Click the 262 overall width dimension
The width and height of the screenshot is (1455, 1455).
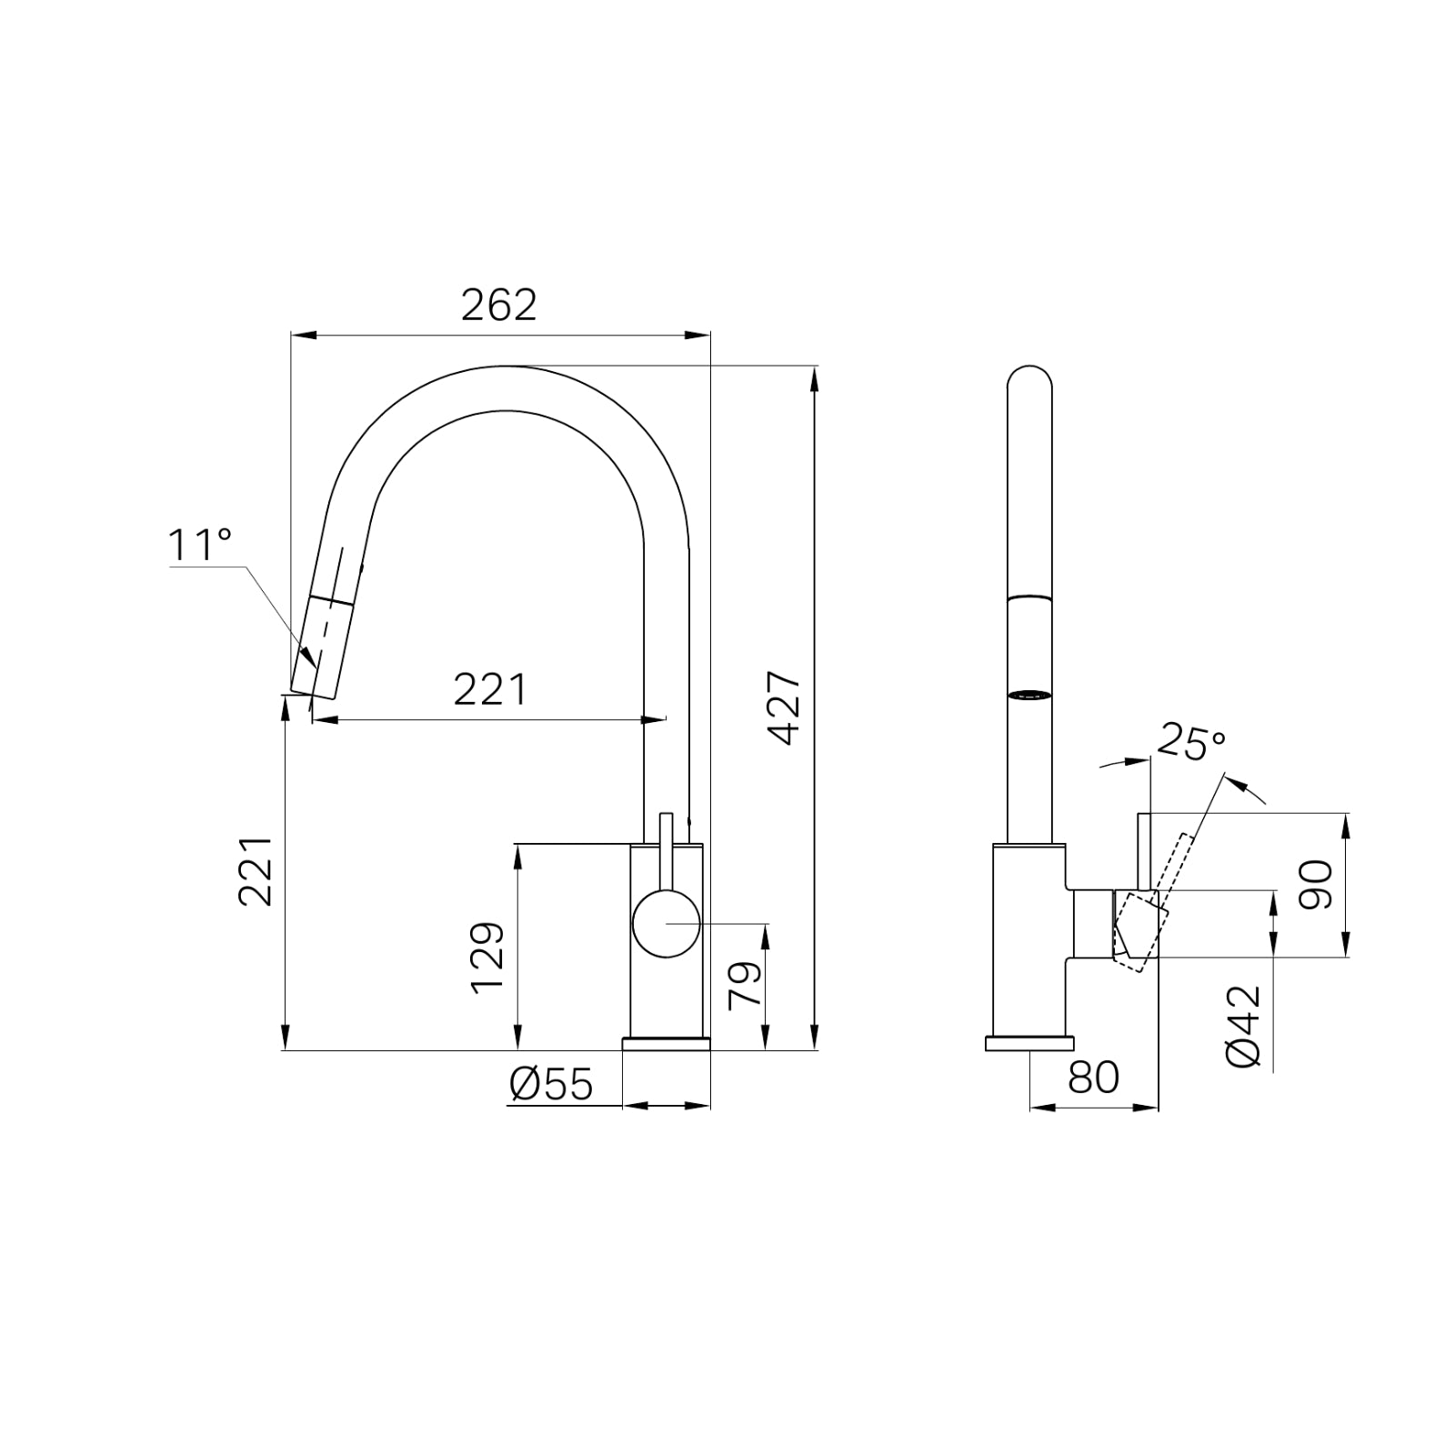click(x=498, y=306)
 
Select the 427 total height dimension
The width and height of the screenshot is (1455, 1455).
click(x=784, y=708)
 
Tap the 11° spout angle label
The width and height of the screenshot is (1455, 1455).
click(x=199, y=545)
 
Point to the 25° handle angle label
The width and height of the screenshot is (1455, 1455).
click(x=1191, y=743)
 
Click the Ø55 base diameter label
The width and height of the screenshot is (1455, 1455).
click(x=551, y=1084)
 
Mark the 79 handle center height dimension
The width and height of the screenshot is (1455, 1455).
click(x=745, y=984)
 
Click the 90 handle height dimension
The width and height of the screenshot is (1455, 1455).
click(x=1316, y=885)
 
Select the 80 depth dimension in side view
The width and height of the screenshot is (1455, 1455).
click(x=1093, y=1078)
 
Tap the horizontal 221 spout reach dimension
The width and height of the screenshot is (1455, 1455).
click(x=490, y=690)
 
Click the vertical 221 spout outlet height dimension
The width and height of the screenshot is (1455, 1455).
click(x=256, y=870)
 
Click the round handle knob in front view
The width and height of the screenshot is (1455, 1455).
click(x=667, y=924)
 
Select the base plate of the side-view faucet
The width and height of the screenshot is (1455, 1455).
click(x=1029, y=1043)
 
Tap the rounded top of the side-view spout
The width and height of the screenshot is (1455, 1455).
click(x=1030, y=377)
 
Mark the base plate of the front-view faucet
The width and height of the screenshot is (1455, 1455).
click(x=666, y=1043)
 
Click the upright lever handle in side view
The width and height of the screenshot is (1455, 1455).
click(x=1145, y=850)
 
